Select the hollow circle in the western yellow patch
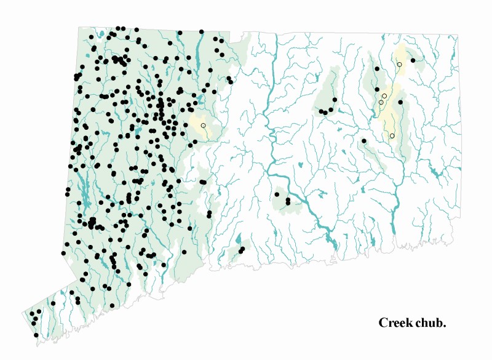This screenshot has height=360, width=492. [x=203, y=126]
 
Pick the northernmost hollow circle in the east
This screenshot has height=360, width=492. [x=399, y=64]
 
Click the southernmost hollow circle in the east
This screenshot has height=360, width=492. [x=392, y=136]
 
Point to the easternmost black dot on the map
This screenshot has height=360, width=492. [x=413, y=60]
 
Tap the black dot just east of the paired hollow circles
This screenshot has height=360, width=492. [x=400, y=102]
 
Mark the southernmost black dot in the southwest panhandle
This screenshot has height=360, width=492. [x=36, y=335]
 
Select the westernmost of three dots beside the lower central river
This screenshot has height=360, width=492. [x=277, y=194]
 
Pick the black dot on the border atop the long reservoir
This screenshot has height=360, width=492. [x=201, y=31]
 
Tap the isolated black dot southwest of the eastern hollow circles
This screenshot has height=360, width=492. [x=363, y=141]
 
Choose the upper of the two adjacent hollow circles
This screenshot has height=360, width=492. [x=384, y=96]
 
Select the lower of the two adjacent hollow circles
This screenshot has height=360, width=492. [x=381, y=102]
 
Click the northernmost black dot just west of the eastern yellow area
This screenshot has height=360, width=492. [x=377, y=70]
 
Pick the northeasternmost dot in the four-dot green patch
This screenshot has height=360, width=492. [x=335, y=99]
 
